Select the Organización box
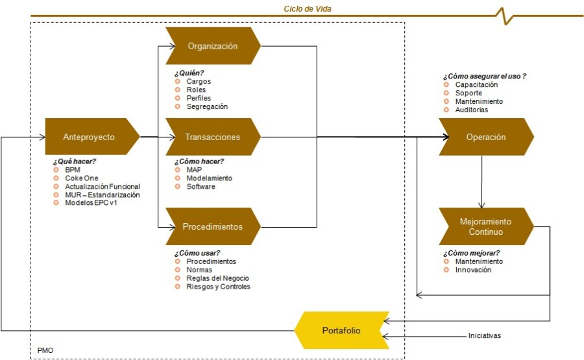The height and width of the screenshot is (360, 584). (213, 46)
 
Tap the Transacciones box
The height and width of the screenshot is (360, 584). (213, 137)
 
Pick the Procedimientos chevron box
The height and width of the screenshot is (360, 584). (213, 227)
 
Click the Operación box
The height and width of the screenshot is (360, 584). (485, 137)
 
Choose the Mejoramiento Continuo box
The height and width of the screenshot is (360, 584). (485, 226)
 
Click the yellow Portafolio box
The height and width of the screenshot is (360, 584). (340, 331)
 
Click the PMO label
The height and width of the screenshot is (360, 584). (45, 351)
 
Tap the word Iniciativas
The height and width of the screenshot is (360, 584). (484, 336)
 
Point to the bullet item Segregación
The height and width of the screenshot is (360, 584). (207, 106)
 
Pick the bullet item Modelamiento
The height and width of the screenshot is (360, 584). (209, 178)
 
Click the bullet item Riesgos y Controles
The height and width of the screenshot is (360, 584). (218, 286)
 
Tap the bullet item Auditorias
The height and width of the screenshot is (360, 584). (471, 110)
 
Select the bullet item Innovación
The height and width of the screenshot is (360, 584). (473, 270)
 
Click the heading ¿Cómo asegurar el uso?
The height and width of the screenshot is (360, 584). (484, 76)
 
